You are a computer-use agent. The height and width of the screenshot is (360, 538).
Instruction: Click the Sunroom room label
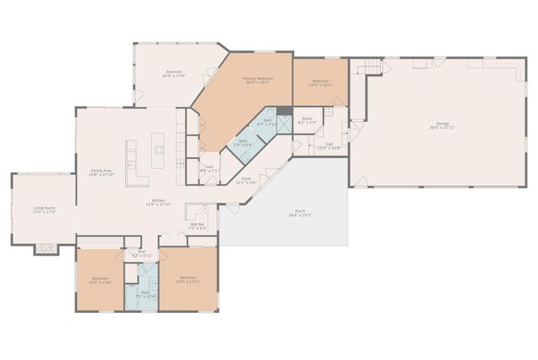(x=174, y=72)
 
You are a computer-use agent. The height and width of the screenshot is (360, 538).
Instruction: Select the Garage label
(x=442, y=124)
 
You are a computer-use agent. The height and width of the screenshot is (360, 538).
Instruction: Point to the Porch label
(x=300, y=211)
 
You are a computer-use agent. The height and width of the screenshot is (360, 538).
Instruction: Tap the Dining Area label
(x=102, y=171)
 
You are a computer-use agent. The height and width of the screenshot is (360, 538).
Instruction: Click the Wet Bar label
(x=198, y=225)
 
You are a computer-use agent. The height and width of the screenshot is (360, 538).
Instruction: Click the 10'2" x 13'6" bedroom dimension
(x=100, y=283)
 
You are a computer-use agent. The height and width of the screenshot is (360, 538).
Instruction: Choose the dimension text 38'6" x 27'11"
(x=442, y=129)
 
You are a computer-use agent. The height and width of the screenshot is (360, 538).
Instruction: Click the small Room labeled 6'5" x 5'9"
(x=308, y=119)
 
